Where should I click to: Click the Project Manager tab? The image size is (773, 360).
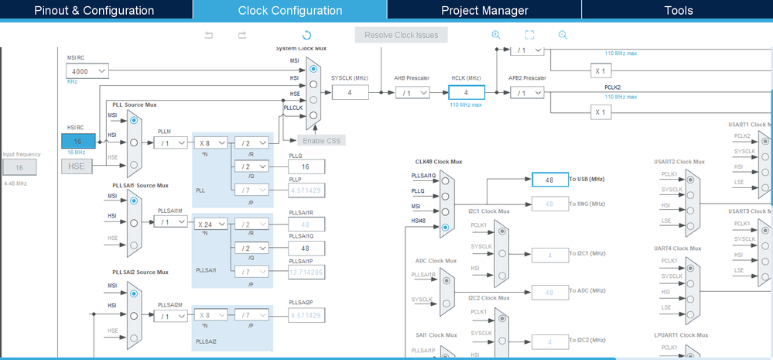pyautogui.click(x=484, y=10)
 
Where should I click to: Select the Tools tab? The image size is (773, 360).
pyautogui.click(x=678, y=10)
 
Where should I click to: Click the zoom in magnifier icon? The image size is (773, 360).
pyautogui.click(x=496, y=35)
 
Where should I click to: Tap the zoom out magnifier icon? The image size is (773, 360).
pyautogui.click(x=563, y=35)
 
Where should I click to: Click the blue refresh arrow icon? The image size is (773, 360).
pyautogui.click(x=306, y=35)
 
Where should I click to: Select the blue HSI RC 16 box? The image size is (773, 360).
pyautogui.click(x=79, y=142)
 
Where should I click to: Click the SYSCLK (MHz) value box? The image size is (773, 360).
pyautogui.click(x=350, y=92)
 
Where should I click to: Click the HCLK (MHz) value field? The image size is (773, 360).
pyautogui.click(x=466, y=92)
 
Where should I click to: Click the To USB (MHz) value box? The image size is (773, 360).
pyautogui.click(x=550, y=179)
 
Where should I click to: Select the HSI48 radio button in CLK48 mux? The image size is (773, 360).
pyautogui.click(x=444, y=227)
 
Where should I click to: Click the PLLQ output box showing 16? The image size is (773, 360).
pyautogui.click(x=306, y=166)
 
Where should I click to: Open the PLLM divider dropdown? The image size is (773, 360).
pyautogui.click(x=170, y=142)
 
